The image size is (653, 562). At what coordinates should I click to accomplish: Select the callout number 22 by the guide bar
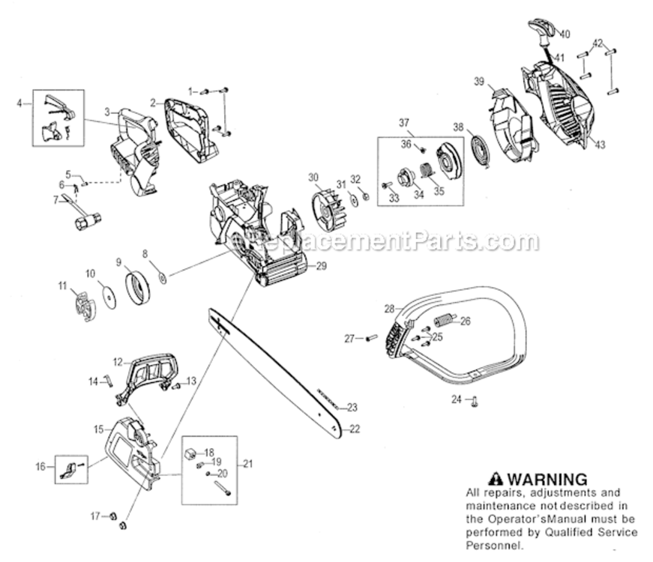point(355,429)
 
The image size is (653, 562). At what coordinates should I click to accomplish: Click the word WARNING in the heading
point(547,479)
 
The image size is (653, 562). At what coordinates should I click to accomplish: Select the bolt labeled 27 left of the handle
point(370,339)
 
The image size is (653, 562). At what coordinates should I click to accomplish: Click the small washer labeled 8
point(162,278)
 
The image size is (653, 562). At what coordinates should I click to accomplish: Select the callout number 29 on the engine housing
point(322,266)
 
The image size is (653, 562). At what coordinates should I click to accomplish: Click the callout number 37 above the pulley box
point(404,122)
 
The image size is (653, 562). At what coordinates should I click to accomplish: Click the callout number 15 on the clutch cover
point(98,429)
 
